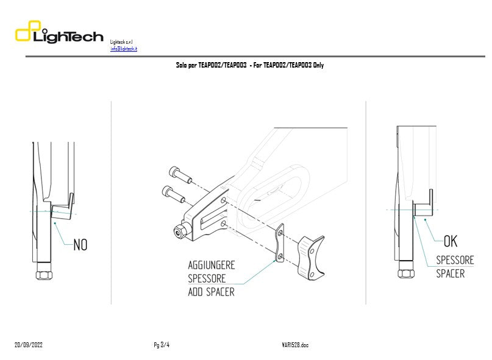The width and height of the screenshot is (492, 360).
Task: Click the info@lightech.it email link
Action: click(123, 49)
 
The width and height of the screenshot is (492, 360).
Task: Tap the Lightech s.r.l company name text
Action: click(121, 41)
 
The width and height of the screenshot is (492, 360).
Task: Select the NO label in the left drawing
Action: click(80, 245)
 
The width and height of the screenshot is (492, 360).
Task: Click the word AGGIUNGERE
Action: click(211, 266)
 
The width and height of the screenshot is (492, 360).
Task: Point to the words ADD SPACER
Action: click(211, 292)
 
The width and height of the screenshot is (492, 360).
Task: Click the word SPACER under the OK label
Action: click(450, 274)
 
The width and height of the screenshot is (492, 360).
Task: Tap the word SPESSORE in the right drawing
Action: click(454, 260)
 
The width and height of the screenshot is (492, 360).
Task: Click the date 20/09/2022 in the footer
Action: click(29, 345)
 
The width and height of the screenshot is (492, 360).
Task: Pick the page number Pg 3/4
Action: click(162, 345)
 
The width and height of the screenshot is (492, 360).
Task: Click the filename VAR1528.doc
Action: click(291, 345)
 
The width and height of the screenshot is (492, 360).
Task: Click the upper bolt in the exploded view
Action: click(182, 176)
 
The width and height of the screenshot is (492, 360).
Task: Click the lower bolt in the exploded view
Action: click(174, 194)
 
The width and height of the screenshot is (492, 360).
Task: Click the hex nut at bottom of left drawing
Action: click(43, 274)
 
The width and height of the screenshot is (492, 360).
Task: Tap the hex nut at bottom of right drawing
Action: click(405, 272)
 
